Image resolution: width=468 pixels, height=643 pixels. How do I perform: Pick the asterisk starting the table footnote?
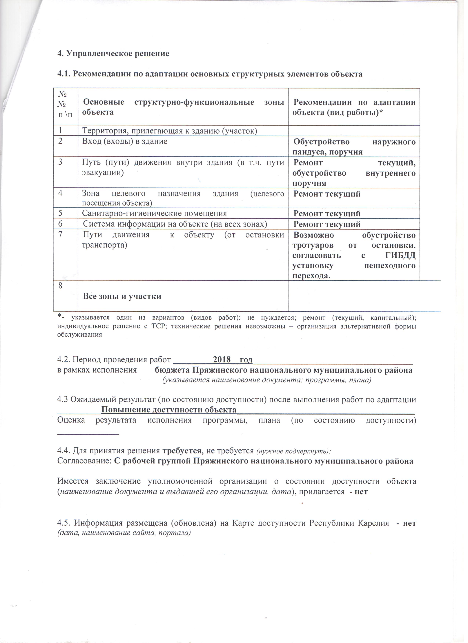(x=59, y=316)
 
